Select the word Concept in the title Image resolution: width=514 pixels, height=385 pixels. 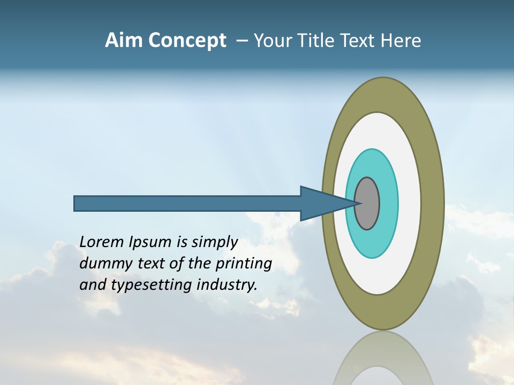tap(187, 41)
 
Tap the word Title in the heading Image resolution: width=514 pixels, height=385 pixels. tap(318, 41)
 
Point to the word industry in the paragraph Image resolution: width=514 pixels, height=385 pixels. tap(226, 286)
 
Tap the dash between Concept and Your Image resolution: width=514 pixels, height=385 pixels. tap(242, 41)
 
